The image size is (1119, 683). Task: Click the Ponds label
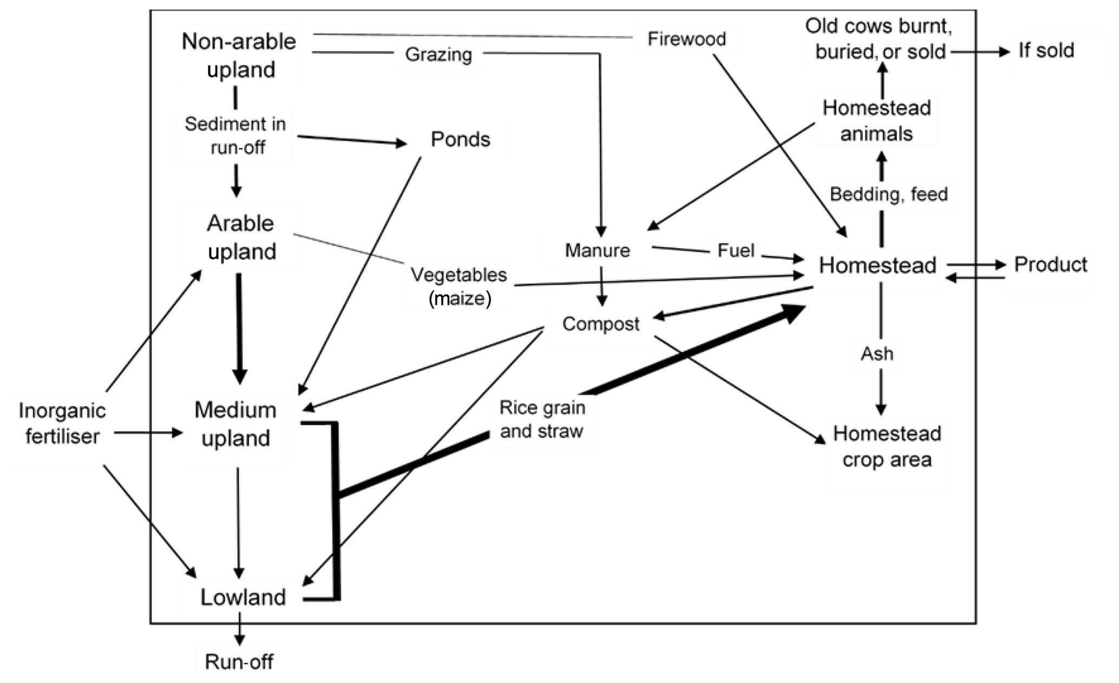(460, 140)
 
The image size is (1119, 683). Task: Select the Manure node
(597, 251)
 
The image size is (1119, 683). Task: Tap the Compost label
(600, 324)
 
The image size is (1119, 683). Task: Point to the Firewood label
(686, 39)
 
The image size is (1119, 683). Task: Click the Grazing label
(438, 54)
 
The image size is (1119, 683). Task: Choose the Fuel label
(735, 251)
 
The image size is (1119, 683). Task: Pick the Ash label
(877, 354)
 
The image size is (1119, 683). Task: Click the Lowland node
(243, 597)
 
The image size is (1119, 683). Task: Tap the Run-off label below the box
(239, 662)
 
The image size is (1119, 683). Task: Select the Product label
(1050, 265)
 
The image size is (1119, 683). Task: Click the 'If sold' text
(1046, 51)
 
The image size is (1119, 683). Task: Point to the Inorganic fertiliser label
(62, 424)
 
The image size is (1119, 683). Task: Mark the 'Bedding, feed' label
(888, 194)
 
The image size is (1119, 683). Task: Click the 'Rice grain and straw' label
(542, 419)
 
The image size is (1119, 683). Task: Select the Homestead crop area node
(887, 446)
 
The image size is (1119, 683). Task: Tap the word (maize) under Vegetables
(460, 299)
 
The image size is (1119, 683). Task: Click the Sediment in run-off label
(235, 136)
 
